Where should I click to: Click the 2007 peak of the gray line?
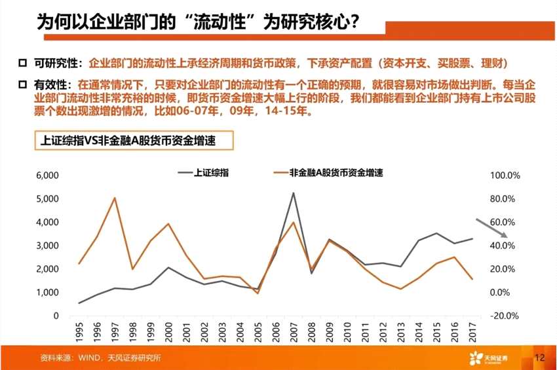293,193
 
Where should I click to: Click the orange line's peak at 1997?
115,198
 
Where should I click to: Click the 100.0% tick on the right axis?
505,176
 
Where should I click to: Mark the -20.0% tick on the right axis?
505,316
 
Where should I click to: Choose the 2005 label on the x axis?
258,332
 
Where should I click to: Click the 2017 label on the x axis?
471,332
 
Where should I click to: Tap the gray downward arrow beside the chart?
491,227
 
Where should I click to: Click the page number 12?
539,358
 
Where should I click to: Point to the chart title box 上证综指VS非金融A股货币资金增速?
132,140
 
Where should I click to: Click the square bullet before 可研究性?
23,63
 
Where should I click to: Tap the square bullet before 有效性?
23,85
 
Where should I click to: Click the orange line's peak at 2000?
168,224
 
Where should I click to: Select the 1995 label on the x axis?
79,332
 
